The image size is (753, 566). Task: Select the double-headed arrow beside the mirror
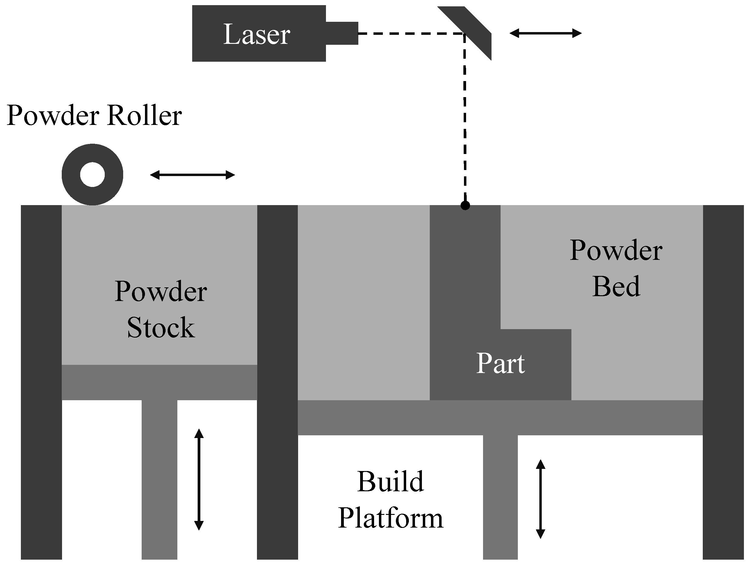545,33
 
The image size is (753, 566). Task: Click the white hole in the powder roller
92,175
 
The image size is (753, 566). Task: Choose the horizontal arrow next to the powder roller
192,175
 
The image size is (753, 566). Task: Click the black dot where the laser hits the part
465,206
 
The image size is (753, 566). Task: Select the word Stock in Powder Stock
161,327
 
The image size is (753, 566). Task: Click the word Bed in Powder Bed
616,286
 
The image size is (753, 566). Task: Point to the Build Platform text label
390,500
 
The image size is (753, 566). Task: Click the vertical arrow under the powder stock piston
199,479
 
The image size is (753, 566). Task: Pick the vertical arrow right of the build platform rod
541,499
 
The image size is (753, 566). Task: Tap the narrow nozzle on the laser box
342,33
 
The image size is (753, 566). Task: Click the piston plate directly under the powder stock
159,382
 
